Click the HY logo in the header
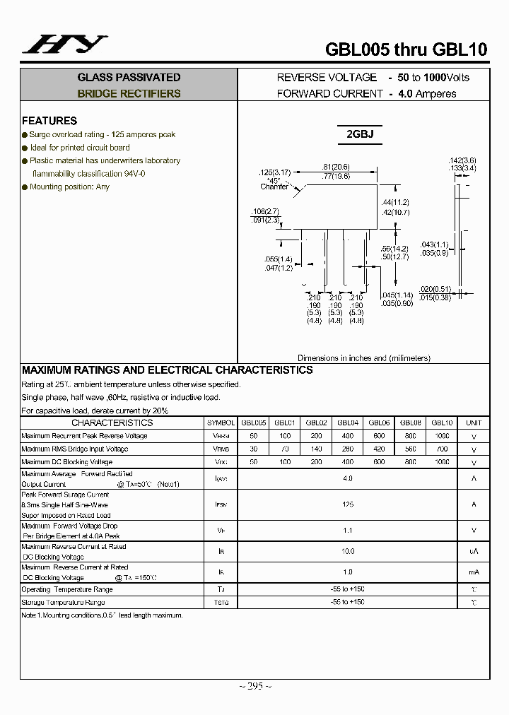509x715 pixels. click(64, 45)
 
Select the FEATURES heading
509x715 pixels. click(49, 121)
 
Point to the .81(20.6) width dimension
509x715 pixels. click(336, 167)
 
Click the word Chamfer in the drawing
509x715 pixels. click(274, 187)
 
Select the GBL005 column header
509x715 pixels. click(253, 422)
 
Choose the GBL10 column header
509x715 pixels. click(442, 422)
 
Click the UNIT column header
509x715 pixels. click(474, 422)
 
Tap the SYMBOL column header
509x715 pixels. click(221, 422)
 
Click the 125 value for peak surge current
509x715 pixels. click(347, 504)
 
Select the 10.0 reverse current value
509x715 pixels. click(347, 551)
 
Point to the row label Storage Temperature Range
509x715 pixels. click(63, 603)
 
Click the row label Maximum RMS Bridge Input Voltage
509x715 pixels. click(75, 449)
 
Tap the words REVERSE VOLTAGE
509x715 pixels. click(327, 78)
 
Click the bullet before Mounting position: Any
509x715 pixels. click(25, 187)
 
